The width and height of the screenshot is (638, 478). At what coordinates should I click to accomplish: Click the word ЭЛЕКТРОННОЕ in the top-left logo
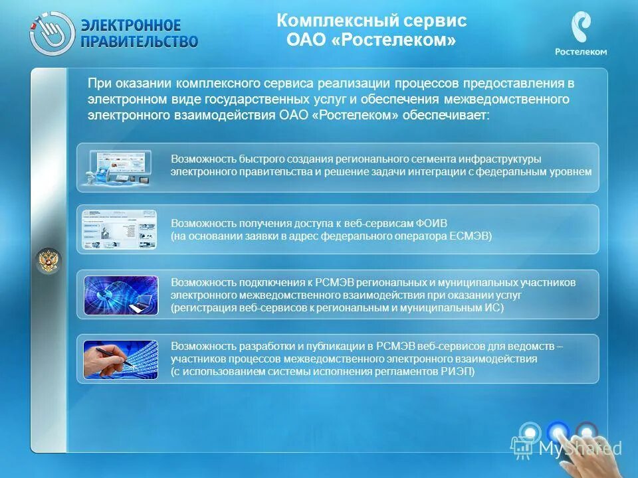130,25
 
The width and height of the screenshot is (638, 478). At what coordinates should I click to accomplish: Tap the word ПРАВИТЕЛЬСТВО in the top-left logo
139,41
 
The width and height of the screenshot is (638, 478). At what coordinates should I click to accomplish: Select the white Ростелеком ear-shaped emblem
580,28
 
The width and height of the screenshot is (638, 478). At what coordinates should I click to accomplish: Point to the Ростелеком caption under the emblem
581,52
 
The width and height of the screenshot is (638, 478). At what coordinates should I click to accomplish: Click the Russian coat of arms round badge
48,260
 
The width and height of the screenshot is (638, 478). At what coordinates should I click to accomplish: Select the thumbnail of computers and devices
120,167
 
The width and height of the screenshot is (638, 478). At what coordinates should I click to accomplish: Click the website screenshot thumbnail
120,229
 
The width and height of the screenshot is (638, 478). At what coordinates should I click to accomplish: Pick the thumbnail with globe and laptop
120,295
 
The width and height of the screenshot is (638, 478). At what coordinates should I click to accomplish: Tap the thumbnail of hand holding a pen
120,359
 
